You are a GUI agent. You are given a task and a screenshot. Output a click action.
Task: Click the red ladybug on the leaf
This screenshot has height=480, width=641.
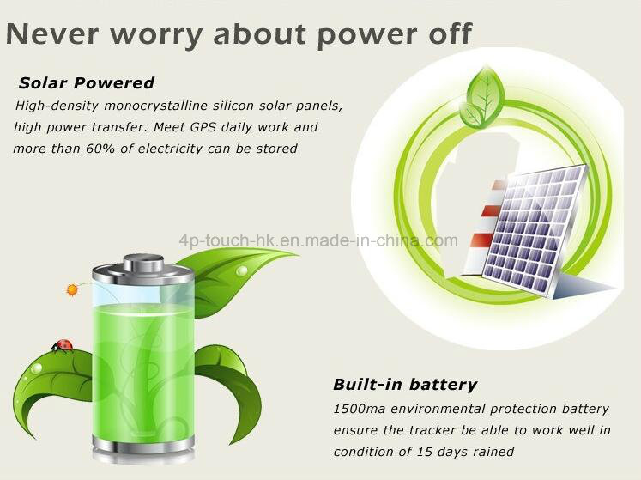pos(63,345)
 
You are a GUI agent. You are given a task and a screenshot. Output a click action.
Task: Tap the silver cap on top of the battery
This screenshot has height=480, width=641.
pos(143,263)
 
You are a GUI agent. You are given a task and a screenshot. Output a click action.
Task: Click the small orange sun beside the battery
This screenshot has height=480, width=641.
pos(72,289)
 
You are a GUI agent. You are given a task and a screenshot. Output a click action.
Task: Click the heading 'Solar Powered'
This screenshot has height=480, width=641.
pos(87,82)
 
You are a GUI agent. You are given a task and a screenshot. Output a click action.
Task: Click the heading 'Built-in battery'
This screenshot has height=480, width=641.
pos(405,384)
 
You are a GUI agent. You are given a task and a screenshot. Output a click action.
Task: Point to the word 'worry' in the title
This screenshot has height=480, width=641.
pos(156,35)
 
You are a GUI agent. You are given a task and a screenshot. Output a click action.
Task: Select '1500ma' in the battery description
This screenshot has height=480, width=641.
pos(360,409)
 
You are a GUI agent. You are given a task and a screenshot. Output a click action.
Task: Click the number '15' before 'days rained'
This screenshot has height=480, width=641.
pos(425,452)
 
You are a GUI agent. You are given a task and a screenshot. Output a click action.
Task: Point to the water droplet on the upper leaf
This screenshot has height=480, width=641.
pos(242,270)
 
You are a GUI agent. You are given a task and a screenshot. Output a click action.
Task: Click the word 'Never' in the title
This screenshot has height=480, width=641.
pos(52,34)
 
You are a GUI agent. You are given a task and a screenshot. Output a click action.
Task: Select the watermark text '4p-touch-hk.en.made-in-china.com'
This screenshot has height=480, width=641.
pos(318,240)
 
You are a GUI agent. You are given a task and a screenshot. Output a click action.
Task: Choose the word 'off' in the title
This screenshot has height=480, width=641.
pos(451,33)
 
